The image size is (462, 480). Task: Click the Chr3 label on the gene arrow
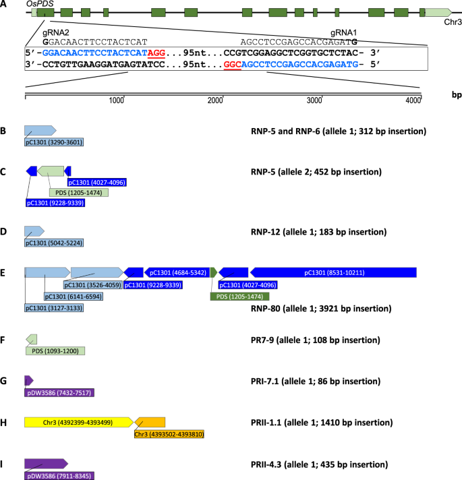pos(453,22)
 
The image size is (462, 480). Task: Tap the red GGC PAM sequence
pos(233,67)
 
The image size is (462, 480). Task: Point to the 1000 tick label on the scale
pos(117,100)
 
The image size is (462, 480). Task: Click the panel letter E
pos(4,273)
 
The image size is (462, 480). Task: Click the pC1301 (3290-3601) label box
pos(54,142)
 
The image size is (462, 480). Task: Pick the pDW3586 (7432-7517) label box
pos(59,392)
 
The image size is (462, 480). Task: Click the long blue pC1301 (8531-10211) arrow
pos(333,272)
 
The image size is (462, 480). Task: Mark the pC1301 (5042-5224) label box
pos(54,243)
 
